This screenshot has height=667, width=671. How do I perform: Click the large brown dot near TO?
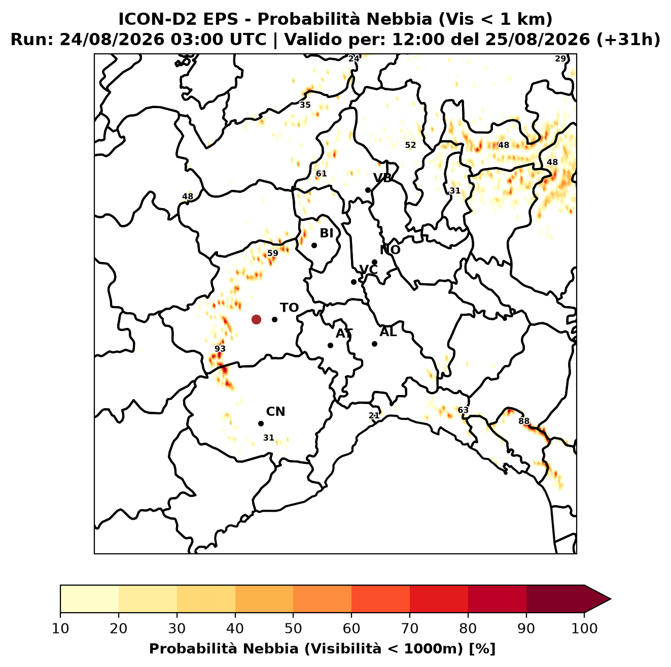[x=256, y=319]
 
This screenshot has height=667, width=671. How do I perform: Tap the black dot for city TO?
[x=274, y=319]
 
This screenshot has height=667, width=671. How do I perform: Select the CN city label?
[x=275, y=412]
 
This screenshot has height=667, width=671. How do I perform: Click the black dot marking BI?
[x=314, y=246]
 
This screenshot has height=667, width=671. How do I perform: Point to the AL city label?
[x=388, y=332]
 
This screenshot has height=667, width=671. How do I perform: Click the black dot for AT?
[x=330, y=346]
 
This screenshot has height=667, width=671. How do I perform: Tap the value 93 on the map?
[x=220, y=349]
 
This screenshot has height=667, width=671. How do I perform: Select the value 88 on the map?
[x=524, y=421]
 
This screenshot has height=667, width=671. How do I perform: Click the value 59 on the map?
[x=273, y=253]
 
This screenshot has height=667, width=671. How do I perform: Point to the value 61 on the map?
[x=321, y=174]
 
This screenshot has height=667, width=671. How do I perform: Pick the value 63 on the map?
[x=463, y=410]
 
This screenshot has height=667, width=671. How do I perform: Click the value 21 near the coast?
[x=374, y=415]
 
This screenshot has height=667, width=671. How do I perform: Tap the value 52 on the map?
[x=410, y=145]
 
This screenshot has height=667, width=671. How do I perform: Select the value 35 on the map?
[x=305, y=105]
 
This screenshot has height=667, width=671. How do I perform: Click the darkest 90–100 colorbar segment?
[x=555, y=599]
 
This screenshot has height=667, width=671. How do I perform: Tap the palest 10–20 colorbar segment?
[x=89, y=599]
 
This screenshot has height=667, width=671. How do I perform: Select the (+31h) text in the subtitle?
[x=628, y=40]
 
